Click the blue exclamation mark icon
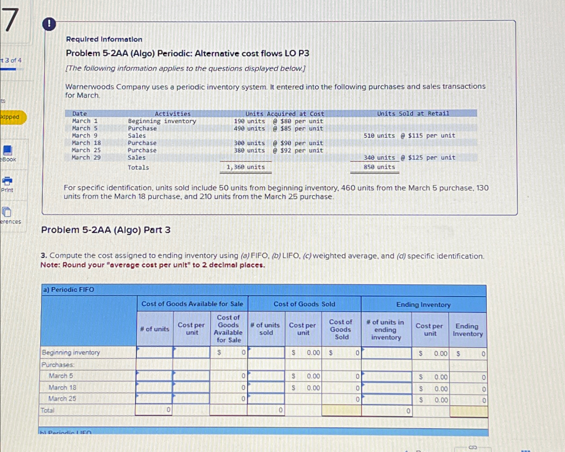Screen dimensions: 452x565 tap(49, 24)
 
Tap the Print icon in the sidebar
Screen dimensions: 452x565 tap(7, 182)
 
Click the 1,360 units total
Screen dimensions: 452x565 tap(245, 167)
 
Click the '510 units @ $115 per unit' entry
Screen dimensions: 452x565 tap(409, 136)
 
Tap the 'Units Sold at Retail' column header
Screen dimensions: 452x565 tap(413, 113)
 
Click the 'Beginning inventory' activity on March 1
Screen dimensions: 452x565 tap(162, 121)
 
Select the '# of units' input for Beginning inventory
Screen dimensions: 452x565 tap(155, 353)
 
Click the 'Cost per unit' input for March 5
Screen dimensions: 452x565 tap(191, 376)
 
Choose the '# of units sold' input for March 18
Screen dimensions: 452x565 tap(266, 388)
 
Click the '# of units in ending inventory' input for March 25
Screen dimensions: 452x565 tap(386, 399)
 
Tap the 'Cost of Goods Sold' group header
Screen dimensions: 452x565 tap(304, 304)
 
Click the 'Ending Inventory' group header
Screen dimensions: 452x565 tap(423, 305)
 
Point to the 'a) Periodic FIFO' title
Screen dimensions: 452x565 tap(68, 290)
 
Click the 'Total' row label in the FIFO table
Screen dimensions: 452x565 tap(47, 410)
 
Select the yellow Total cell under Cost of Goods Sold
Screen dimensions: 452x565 tap(341, 410)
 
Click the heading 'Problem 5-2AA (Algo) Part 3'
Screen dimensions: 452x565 tap(106, 230)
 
